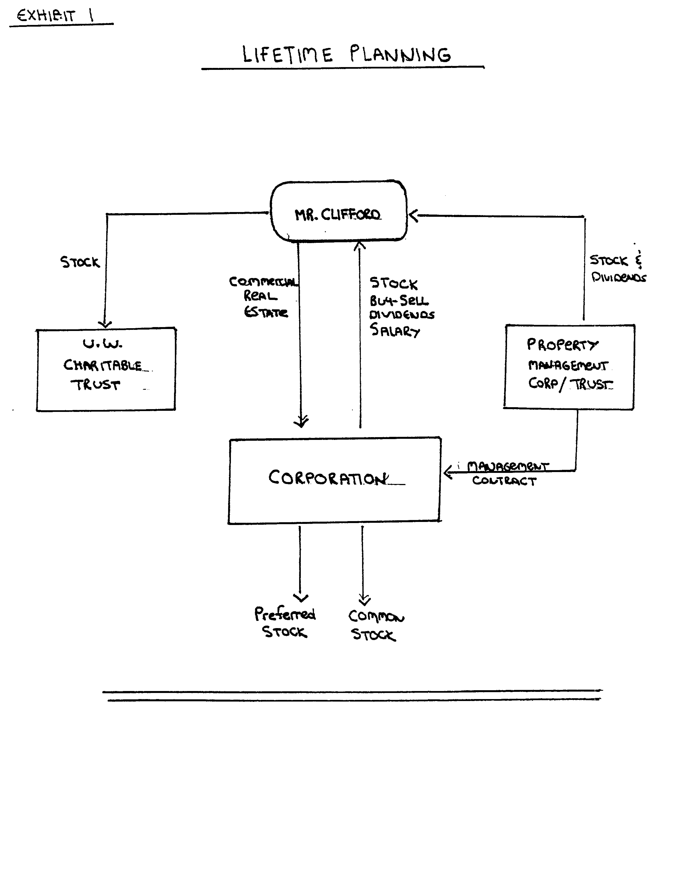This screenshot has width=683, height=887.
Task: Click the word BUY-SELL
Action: tap(398, 300)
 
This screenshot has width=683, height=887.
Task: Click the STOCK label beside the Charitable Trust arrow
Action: tap(80, 262)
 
